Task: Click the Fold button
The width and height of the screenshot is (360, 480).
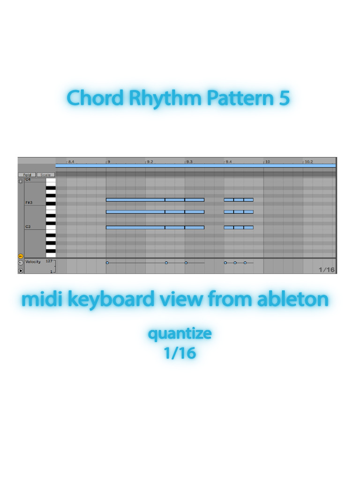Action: (x=27, y=175)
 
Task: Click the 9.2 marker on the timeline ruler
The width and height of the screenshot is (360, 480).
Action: (x=150, y=162)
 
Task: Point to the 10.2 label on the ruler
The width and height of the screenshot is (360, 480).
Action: (x=308, y=162)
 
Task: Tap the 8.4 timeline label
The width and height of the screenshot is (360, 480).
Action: (x=71, y=162)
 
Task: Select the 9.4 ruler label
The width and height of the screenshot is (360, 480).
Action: (x=228, y=162)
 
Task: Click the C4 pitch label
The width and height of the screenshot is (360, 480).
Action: (x=28, y=180)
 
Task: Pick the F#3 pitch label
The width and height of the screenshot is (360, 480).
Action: (x=29, y=202)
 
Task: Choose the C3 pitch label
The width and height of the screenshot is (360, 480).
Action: (x=28, y=227)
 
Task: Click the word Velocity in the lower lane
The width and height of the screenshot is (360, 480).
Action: (x=33, y=262)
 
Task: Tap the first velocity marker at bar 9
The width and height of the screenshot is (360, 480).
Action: (x=107, y=263)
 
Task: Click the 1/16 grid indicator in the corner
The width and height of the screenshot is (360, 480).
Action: (x=327, y=270)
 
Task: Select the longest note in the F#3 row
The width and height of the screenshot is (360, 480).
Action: (x=135, y=200)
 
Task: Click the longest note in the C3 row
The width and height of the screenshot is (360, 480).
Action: (x=135, y=227)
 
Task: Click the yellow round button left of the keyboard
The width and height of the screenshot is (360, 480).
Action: (x=21, y=256)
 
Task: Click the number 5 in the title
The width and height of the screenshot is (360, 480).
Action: (x=284, y=98)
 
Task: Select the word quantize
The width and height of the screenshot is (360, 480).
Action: (x=180, y=334)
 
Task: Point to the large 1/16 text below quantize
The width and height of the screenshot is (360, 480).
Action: (x=180, y=352)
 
